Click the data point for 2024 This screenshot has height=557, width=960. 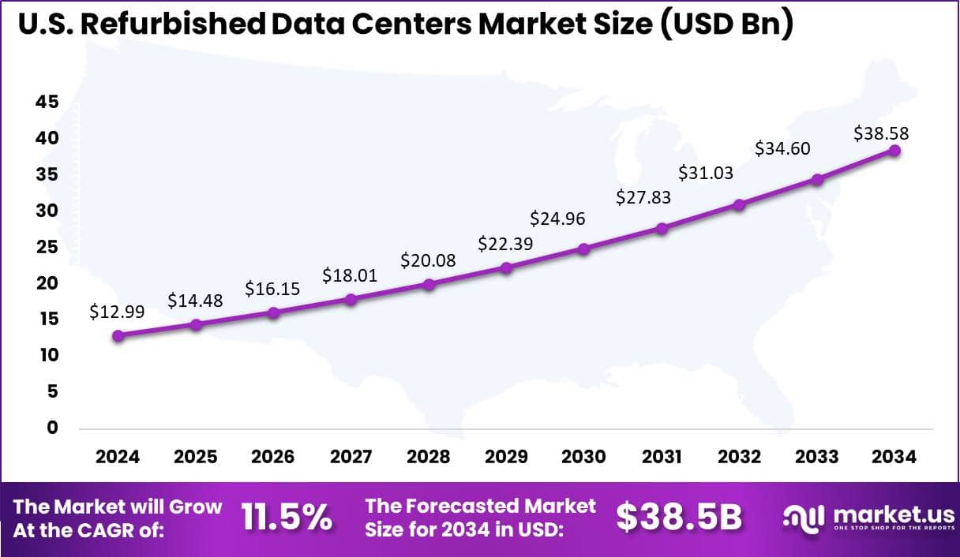click(118, 335)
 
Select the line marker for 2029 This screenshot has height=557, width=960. click(507, 267)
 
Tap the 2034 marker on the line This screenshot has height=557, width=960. click(894, 150)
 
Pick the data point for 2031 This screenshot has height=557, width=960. click(662, 228)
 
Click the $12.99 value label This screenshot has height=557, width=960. click(118, 313)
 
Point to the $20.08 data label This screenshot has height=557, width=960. click(429, 260)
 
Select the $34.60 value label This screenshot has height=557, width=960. click(783, 148)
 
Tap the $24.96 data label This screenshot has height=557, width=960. click(557, 218)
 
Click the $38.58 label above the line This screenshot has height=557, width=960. click(881, 134)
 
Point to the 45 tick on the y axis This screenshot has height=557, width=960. click(47, 102)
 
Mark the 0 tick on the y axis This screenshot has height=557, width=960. click(52, 428)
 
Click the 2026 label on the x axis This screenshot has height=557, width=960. click(272, 458)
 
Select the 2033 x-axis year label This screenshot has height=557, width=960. click(818, 458)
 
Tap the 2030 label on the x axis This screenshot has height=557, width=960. click(583, 458)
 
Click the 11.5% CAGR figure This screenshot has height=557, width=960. click(287, 518)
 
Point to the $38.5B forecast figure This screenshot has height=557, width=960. click(679, 518)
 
